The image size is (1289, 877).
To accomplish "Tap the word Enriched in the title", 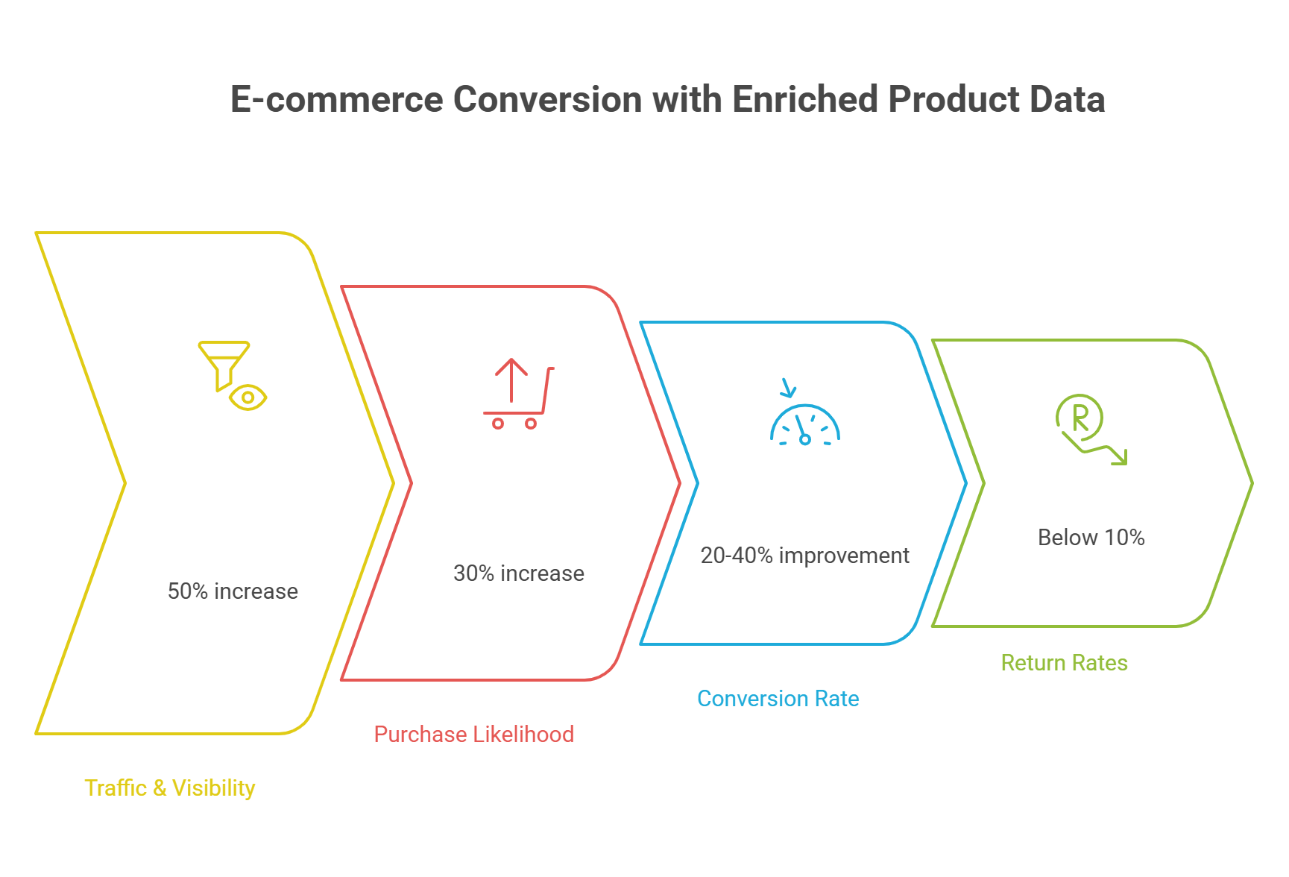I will tap(804, 99).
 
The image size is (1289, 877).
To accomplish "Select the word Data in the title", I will tap(1067, 99).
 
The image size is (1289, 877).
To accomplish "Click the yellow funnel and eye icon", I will tap(232, 376).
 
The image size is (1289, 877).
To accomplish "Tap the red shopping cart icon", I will tap(518, 395).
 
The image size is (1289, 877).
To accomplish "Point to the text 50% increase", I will tap(233, 591).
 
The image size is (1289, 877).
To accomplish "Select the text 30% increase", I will tap(519, 573).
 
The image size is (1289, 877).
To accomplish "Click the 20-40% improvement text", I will tap(804, 556).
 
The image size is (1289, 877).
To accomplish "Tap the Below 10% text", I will tap(1091, 538).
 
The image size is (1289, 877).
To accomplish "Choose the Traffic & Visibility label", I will tap(169, 788).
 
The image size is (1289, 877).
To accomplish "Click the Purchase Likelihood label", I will tap(473, 735).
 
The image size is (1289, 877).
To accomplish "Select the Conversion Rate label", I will tap(778, 699).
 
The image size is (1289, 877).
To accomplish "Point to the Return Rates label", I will tap(1064, 663).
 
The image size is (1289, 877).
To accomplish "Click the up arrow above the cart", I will tap(511, 378).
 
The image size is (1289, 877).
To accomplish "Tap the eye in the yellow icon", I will tap(248, 397).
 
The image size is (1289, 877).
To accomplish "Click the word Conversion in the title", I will tap(546, 99).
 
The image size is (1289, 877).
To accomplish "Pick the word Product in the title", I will tap(952, 99).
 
